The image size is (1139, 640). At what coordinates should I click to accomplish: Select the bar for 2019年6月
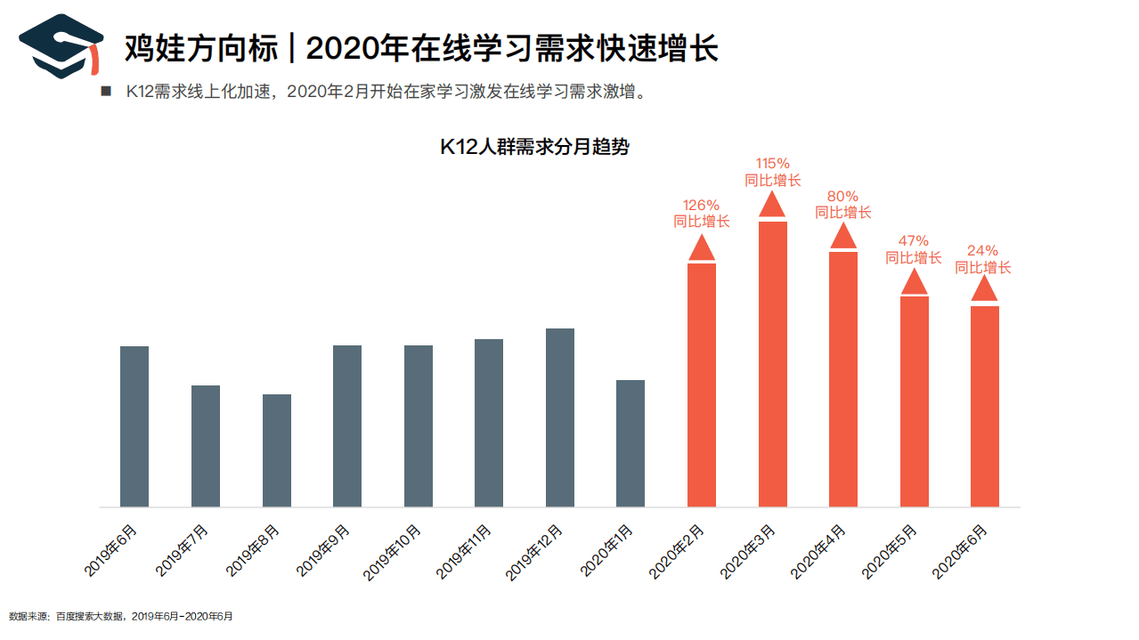point(134,426)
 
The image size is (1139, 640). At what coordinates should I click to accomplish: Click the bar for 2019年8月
point(277,450)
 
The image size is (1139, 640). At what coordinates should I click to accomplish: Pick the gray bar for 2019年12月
point(560,417)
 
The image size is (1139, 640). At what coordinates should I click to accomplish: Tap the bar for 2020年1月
point(631,443)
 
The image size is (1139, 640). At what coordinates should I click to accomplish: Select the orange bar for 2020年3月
point(773,364)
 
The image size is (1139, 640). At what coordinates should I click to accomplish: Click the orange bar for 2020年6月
point(985,406)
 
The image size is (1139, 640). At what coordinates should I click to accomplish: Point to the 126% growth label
point(701,206)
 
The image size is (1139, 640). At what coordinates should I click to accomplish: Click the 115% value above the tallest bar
point(772,164)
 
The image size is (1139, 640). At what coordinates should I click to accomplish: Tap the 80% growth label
point(842,197)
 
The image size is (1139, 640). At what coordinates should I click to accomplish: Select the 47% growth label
point(913,241)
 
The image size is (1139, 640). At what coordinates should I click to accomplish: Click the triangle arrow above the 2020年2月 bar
point(702,247)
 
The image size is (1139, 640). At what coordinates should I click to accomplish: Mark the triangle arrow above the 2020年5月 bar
point(915,281)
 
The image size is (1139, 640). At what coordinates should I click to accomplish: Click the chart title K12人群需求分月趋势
point(534,148)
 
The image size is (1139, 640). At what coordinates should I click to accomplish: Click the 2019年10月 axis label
point(392,553)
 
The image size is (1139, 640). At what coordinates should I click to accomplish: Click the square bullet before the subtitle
point(106,92)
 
